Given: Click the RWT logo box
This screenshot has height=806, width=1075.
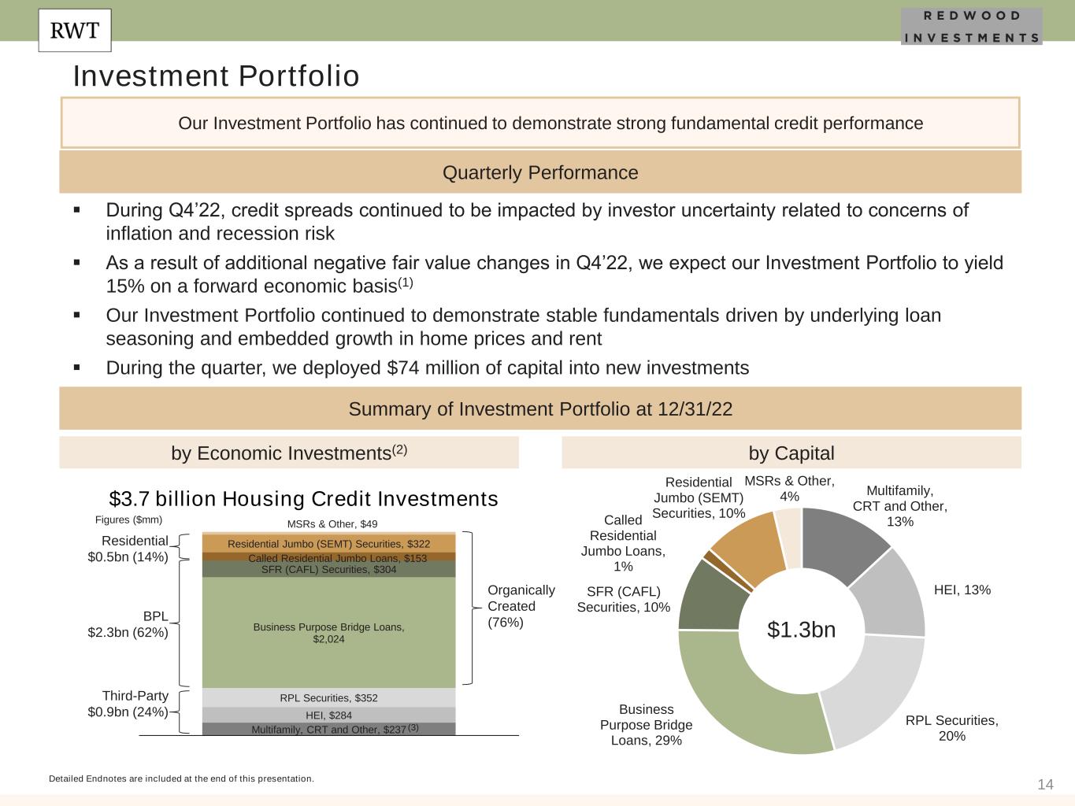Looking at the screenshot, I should point(75,31).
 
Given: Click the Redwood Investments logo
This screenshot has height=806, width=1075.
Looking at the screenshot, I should point(971,26).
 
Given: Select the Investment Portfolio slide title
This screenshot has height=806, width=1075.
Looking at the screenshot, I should point(216,76).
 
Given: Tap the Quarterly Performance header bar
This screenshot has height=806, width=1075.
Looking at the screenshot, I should point(540,172).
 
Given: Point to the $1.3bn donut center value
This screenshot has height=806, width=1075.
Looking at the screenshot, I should point(801,630).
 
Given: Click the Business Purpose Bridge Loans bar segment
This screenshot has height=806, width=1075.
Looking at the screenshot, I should point(328,633).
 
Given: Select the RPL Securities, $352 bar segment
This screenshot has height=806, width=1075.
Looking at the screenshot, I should point(328,698).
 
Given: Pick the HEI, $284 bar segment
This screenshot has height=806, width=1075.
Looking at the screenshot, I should point(328,715).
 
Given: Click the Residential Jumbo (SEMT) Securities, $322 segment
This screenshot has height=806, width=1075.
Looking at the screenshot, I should point(328,544).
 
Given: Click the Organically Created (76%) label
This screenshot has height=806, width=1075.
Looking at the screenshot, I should point(521,606).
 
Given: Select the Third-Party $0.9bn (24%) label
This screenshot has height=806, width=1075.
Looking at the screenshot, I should point(128,704).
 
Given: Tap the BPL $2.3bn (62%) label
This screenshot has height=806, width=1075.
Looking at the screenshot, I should point(128,623).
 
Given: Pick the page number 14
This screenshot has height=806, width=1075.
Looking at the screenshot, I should point(1045,784).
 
